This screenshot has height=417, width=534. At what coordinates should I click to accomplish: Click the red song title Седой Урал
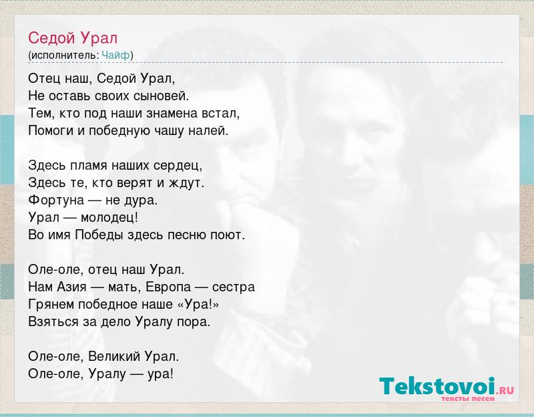pos(73,38)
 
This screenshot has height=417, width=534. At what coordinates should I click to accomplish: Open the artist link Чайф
pos(115,55)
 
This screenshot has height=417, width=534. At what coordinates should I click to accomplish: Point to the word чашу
pos(170,130)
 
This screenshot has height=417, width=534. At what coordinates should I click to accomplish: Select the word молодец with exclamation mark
pos(109,218)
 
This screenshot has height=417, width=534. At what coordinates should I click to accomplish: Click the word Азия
pos(71,287)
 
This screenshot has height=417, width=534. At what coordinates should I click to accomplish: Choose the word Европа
pos(168,287)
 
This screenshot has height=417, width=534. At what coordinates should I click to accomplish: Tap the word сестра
pos(234,287)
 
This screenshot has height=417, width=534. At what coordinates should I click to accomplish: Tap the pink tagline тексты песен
pos(468,398)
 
